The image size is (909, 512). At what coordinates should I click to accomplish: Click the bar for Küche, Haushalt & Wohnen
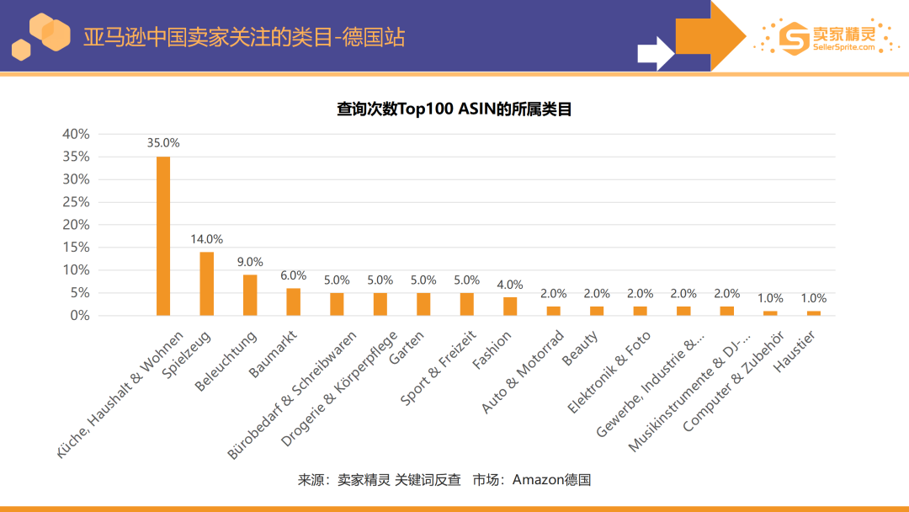coord(163,236)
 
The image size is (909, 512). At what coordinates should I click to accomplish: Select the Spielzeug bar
coord(206,284)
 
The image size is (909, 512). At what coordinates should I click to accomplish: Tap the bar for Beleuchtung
coord(250,295)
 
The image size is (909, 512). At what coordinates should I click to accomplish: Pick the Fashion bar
coord(510,306)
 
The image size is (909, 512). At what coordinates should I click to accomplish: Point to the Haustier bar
coord(814,312)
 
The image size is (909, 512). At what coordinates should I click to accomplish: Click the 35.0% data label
coord(163,143)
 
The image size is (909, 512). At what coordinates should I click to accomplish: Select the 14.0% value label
coord(206,239)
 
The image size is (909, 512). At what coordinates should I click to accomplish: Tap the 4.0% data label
coord(510,285)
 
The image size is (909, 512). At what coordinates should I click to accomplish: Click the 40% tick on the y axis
coord(76,134)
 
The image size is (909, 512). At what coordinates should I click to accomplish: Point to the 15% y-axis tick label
coord(76,248)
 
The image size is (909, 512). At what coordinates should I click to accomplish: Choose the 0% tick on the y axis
coord(79,316)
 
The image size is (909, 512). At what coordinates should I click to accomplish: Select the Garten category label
coord(407,347)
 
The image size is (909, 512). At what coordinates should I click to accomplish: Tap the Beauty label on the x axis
coord(581,348)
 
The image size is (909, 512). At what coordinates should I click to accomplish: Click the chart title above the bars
coord(454,109)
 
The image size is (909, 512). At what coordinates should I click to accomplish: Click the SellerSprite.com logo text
coord(843,47)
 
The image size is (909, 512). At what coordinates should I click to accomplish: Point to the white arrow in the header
coord(656,53)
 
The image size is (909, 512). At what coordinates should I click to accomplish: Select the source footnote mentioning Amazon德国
coord(444,480)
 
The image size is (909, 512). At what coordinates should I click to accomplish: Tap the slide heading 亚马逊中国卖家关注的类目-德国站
coord(244,37)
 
